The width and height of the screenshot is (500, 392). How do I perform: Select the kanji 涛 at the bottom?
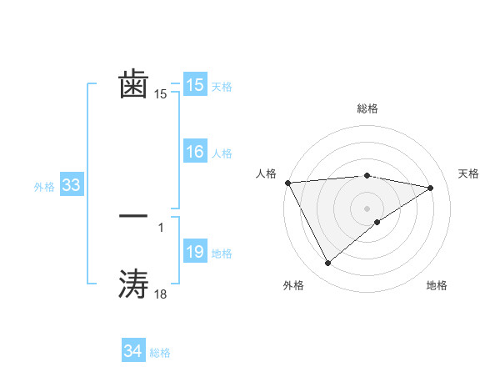(x=134, y=284)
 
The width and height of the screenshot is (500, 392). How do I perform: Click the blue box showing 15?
(x=195, y=85)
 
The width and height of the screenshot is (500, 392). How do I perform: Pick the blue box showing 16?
(x=195, y=152)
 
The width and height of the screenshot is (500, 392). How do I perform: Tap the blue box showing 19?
(x=195, y=252)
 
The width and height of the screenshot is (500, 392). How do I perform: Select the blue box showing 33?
(x=71, y=185)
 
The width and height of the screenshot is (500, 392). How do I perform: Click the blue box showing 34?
(x=133, y=351)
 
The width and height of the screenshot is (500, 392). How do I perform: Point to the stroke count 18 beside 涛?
(x=161, y=294)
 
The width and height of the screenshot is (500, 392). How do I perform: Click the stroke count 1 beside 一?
(x=161, y=226)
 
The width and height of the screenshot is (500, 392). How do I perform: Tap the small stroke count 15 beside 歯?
(x=161, y=94)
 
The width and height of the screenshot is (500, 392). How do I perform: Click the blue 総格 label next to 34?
(x=160, y=353)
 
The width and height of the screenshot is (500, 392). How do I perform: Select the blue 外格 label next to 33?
(x=44, y=187)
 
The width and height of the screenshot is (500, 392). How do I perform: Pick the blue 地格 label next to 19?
(x=222, y=254)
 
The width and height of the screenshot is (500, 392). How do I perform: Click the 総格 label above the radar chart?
(x=367, y=108)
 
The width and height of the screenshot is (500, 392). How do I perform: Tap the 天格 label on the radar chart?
(x=469, y=173)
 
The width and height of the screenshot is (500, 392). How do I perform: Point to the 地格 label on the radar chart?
(x=437, y=285)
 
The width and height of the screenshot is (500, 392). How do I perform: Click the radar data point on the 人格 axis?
(x=287, y=183)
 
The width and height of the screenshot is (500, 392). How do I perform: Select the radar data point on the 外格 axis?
(x=327, y=264)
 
